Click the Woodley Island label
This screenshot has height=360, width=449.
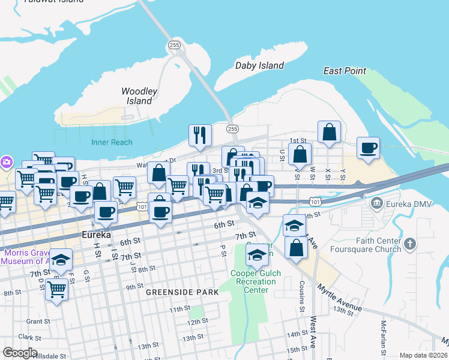pos(139,96)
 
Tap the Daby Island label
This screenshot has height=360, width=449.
pos(259,65)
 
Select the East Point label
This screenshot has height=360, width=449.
pos(345,71)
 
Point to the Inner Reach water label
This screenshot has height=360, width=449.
pos(112,142)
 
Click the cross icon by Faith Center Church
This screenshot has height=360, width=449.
pos(410,244)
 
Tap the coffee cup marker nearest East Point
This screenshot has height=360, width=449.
pos(368,148)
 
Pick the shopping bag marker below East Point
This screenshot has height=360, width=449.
pos(329,132)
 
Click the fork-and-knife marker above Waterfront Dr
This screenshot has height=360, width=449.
pos(200,136)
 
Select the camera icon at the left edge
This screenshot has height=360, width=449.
pos(6,161)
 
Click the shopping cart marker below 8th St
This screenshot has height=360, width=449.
pos(56,290)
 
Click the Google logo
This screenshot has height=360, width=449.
pos(20,353)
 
